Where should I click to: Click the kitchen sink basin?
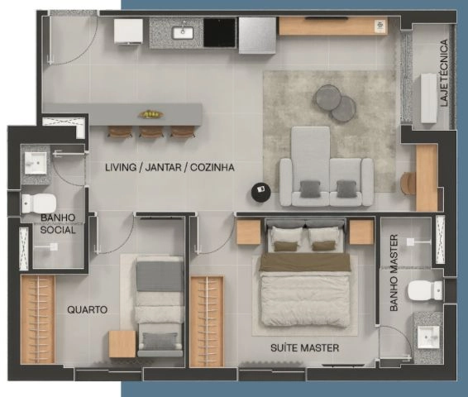click(x=183, y=32)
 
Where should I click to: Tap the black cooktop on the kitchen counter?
click(x=220, y=32)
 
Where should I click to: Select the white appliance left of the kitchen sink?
click(x=128, y=31)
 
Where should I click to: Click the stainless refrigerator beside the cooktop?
click(x=257, y=36)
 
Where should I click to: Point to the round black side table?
click(x=261, y=189)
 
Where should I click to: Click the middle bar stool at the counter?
click(x=151, y=132)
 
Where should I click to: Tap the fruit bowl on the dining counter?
click(x=150, y=114)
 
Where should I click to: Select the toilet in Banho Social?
click(x=39, y=203)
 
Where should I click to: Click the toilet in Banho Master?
click(x=425, y=290)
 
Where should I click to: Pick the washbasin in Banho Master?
click(x=428, y=337)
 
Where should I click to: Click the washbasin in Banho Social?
click(x=36, y=163)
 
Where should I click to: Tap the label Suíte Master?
click(x=305, y=347)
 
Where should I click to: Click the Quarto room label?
click(x=87, y=309)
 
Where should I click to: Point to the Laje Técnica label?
click(x=444, y=73)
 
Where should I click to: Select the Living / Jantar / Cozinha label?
click(x=170, y=167)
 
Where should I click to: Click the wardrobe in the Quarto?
click(x=38, y=319)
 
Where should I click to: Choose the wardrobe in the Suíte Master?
click(x=207, y=321)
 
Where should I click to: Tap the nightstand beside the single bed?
click(x=122, y=344)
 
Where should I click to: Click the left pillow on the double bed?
click(x=287, y=235)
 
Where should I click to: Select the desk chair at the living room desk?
click(x=408, y=184)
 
